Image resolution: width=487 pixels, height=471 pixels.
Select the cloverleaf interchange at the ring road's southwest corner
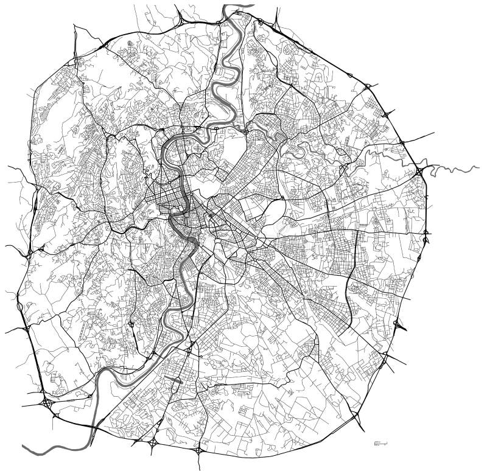47,403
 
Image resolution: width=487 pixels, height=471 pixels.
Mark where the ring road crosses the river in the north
231,26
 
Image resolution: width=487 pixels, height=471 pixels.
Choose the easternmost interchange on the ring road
427,232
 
